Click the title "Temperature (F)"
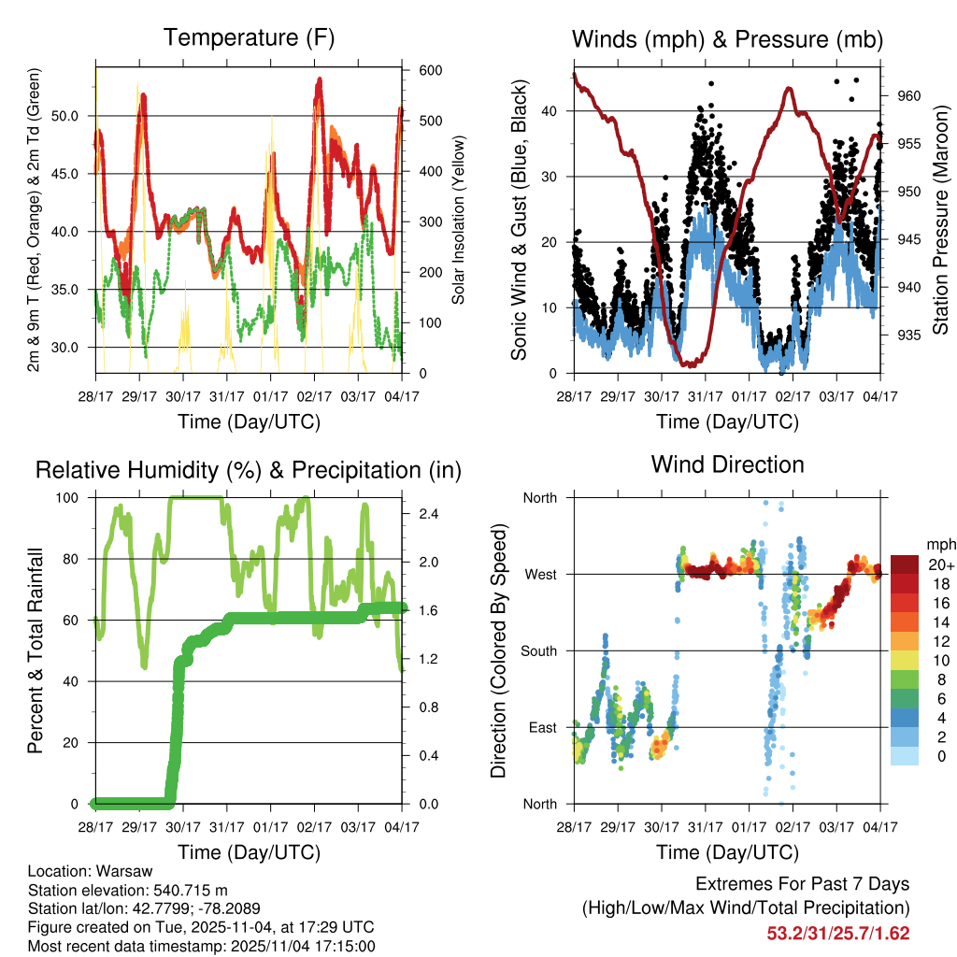tap(249, 38)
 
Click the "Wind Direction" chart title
tap(727, 464)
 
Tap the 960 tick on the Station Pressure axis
tap(910, 95)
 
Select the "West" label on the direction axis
tap(540, 575)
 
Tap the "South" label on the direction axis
tap(538, 651)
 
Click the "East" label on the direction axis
tap(541, 728)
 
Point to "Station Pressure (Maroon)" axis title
tap(941, 221)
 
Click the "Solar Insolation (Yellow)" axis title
tap(459, 221)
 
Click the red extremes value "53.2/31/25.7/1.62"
tap(838, 934)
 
